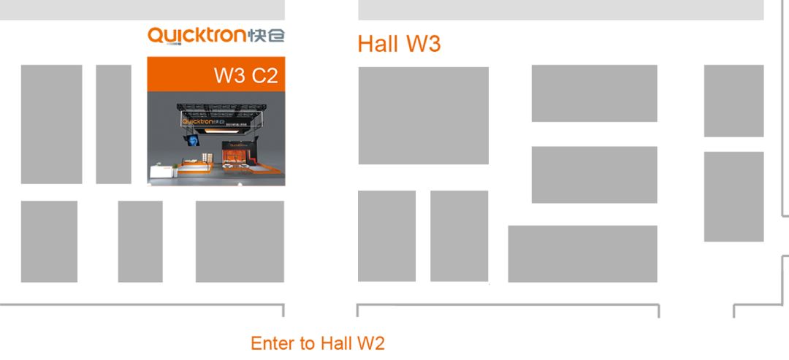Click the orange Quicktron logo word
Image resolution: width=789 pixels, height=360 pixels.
coord(197,35)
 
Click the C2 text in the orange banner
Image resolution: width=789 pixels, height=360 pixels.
coord(265,75)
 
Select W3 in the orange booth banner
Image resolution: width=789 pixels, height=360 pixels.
coord(229,75)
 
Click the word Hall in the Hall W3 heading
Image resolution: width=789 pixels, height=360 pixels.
coord(378,44)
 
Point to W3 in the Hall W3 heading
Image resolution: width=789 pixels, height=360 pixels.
coord(423,44)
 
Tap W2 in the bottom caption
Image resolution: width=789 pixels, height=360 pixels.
coord(370,343)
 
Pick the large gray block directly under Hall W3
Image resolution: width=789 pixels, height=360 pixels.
coord(423,115)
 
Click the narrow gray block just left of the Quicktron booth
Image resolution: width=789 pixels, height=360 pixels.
coord(113,124)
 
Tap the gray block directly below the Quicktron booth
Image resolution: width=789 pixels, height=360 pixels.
coord(240,241)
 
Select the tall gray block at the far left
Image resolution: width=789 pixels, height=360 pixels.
coord(51,124)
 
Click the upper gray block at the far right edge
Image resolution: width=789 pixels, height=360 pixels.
coord(733,101)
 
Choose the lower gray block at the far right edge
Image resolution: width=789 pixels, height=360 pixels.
coord(733,196)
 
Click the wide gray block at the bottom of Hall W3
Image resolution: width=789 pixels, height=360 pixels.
coord(582,253)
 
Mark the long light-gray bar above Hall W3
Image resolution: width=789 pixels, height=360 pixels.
coord(560,9)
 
